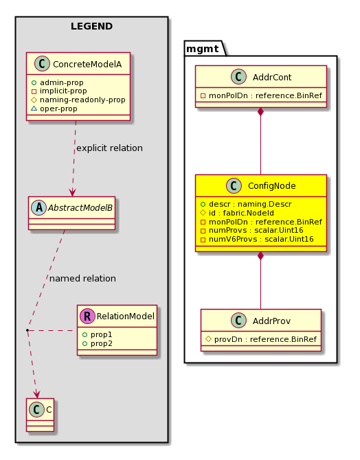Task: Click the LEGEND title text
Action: coord(91,26)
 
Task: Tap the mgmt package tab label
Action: coord(203,49)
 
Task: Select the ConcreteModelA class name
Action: coord(87,65)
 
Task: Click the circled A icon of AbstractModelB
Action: coord(38,208)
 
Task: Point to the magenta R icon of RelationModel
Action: coord(87,316)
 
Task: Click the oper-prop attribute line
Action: coord(54,108)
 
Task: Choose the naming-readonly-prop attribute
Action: coord(78,100)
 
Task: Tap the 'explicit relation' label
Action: coord(109,148)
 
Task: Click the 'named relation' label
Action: coord(82,278)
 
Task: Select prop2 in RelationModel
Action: coord(98,343)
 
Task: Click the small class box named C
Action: coord(41,415)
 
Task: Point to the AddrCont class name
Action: coord(272,77)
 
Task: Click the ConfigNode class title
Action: coord(271,185)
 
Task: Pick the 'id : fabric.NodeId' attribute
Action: coord(237,213)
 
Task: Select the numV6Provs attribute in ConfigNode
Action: coord(257,239)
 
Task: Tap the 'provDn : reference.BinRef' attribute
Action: coord(261,339)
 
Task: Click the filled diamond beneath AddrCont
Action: coord(260,112)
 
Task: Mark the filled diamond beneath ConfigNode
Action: coord(260,256)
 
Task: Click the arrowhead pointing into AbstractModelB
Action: coord(72,192)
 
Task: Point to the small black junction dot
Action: coord(27,330)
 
